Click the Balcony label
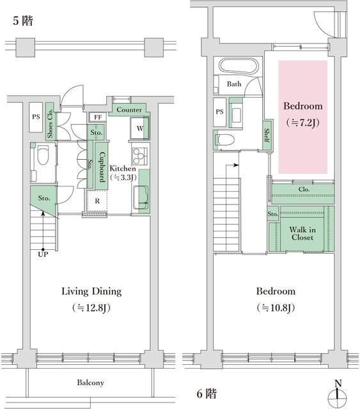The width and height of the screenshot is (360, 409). (90, 383)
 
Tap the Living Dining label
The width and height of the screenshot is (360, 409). (91, 291)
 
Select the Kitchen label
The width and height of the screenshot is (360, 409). (122, 168)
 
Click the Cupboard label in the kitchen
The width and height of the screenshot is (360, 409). (102, 167)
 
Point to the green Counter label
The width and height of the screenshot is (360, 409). (129, 110)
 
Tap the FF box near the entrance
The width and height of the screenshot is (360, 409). (98, 117)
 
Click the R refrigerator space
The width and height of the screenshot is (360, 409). (97, 201)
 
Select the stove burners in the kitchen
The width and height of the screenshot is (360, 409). (139, 156)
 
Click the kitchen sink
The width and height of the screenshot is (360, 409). (141, 197)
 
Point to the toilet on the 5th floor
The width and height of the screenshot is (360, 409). (43, 155)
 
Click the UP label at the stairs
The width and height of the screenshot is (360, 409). (43, 254)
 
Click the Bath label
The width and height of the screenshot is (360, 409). (234, 84)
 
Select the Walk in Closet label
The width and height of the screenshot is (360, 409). (302, 233)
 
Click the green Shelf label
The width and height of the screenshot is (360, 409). (267, 135)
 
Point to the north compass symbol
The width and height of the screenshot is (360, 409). (338, 396)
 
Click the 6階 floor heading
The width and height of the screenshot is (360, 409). (207, 394)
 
